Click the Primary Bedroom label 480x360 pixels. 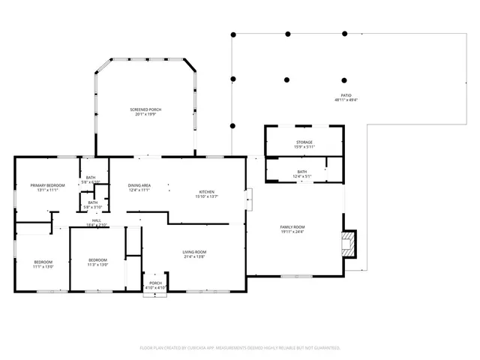[47, 184]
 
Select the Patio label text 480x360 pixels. [346, 95]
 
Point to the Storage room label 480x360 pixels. [304, 142]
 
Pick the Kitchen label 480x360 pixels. [207, 191]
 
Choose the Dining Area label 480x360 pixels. [139, 185]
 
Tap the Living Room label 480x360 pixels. [194, 251]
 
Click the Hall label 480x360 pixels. [97, 220]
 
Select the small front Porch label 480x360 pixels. [155, 283]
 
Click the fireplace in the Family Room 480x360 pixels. [349, 242]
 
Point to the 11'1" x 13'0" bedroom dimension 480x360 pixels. [43, 266]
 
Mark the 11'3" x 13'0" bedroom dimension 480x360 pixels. [98, 265]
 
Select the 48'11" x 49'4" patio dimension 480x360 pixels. [346, 100]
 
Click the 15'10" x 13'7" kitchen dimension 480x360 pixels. [207, 196]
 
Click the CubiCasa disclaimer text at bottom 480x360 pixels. [240, 348]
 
